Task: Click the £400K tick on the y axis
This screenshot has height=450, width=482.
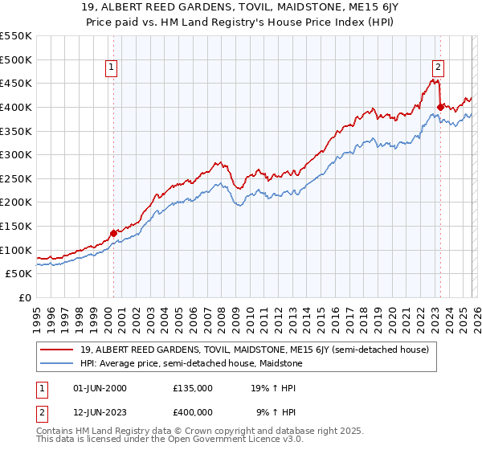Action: click(x=16, y=107)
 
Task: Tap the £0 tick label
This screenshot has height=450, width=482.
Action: click(x=23, y=298)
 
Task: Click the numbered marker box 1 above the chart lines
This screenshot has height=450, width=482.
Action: click(x=111, y=68)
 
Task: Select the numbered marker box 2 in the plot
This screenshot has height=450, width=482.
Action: click(x=439, y=68)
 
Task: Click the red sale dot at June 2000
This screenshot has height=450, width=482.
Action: click(x=113, y=233)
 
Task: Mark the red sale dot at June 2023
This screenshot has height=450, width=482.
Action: click(x=440, y=107)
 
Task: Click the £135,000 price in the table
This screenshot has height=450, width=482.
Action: click(x=193, y=388)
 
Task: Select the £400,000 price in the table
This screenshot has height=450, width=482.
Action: click(x=193, y=413)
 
